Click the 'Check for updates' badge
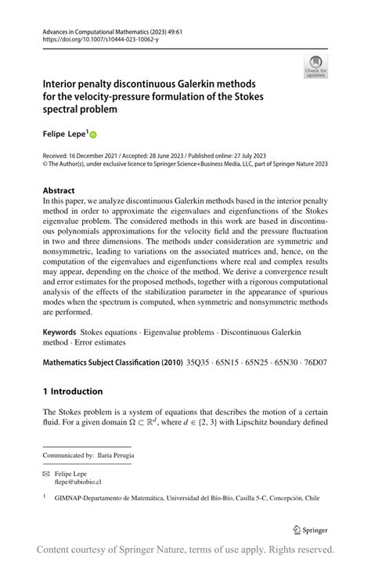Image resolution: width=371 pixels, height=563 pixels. (x=315, y=66)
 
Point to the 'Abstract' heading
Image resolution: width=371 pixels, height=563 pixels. (x=59, y=190)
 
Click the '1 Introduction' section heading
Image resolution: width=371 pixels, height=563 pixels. (x=73, y=392)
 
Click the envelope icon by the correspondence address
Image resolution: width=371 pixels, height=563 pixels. (x=47, y=474)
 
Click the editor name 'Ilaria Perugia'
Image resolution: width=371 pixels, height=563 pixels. (x=114, y=455)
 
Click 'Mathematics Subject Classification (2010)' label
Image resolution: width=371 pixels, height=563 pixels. (x=113, y=363)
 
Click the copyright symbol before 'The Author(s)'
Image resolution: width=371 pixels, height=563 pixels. (x=45, y=164)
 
